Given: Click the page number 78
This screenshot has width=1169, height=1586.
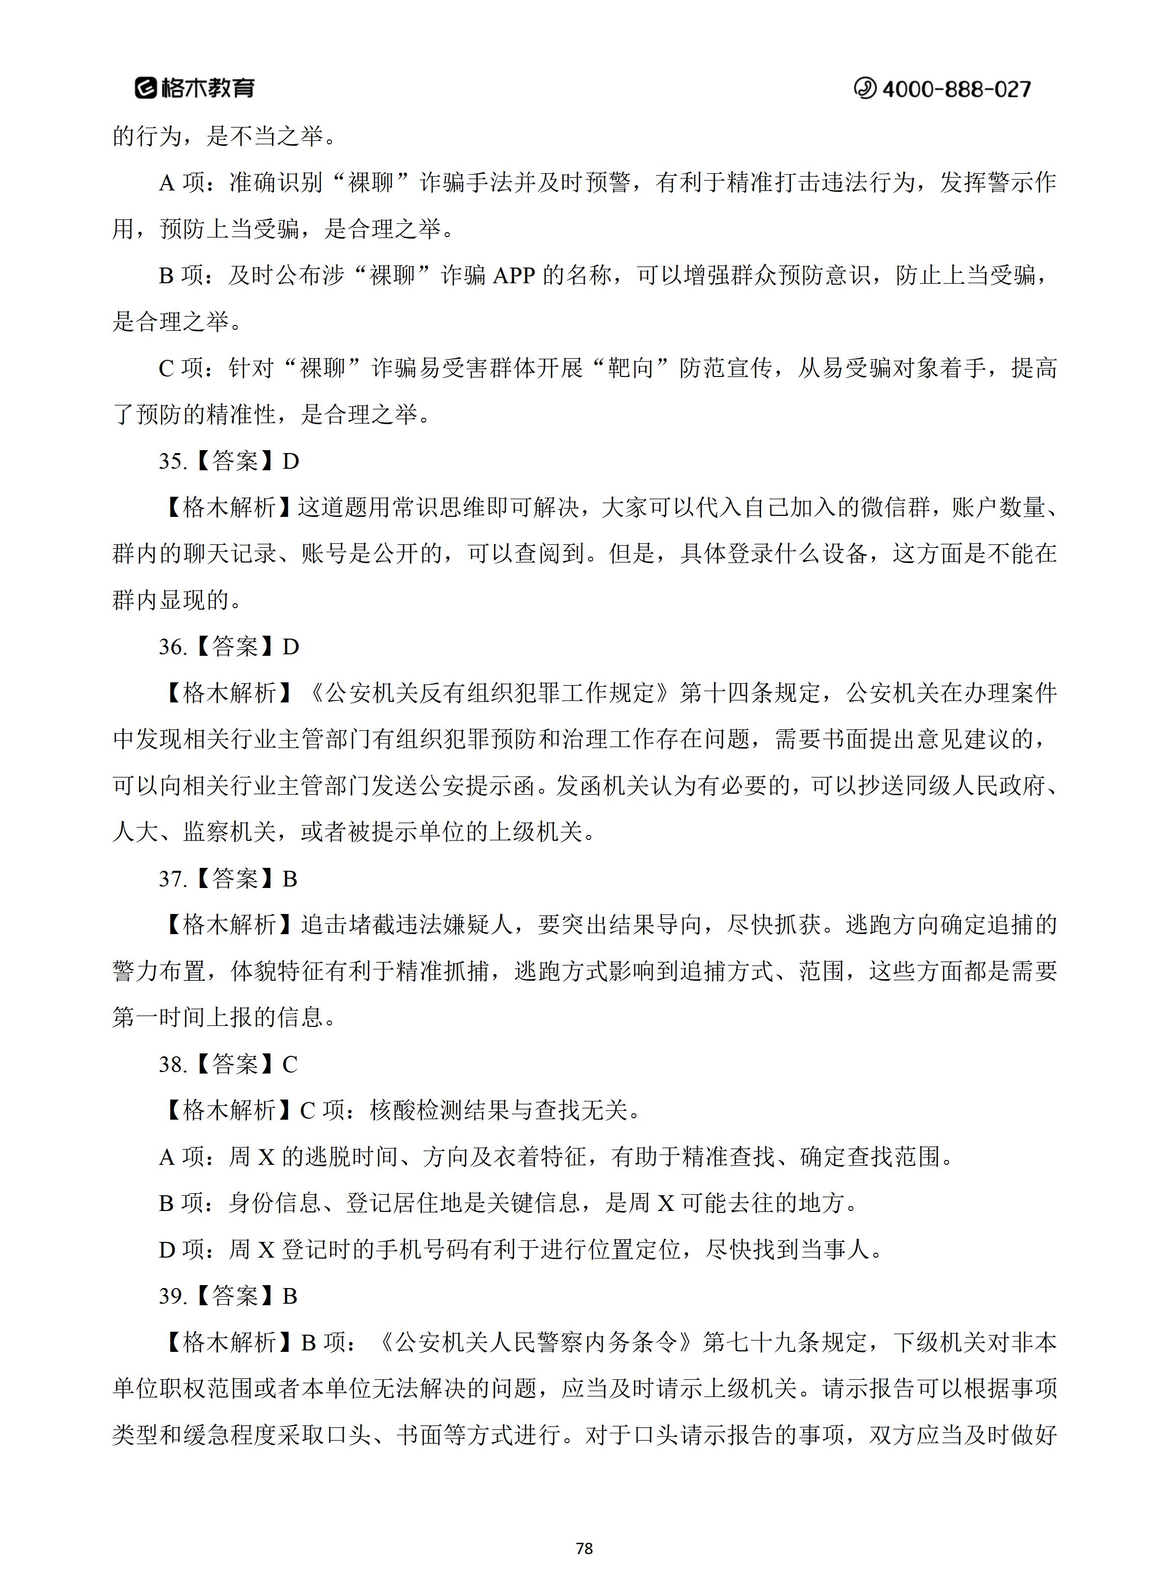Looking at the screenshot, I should click(584, 1549).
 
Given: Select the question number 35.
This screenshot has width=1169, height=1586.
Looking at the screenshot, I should click(172, 461).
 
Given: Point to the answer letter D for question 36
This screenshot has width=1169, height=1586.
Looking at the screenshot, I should click(291, 646).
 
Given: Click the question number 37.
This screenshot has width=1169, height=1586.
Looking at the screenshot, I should click(172, 879).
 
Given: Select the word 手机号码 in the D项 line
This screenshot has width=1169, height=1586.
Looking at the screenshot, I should click(422, 1250).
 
